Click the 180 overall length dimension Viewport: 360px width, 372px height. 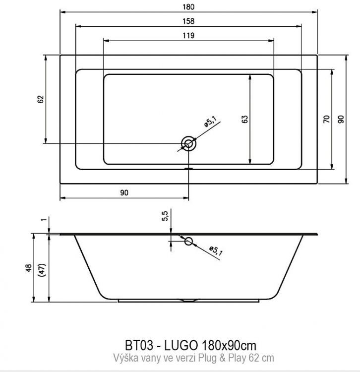(188, 7)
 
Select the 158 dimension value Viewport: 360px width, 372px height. (188, 21)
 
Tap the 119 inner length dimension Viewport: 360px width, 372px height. (188, 35)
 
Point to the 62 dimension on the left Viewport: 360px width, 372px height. (41, 99)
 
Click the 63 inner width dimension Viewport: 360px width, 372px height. (244, 119)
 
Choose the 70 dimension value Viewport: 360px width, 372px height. (326, 119)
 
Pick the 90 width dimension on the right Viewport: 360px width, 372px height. (341, 119)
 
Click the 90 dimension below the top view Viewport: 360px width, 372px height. (124, 193)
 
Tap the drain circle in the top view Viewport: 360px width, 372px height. (188, 144)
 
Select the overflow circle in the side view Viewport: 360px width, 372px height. (188, 242)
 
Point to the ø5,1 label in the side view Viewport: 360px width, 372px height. (216, 251)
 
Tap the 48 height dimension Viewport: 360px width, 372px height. (29, 268)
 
